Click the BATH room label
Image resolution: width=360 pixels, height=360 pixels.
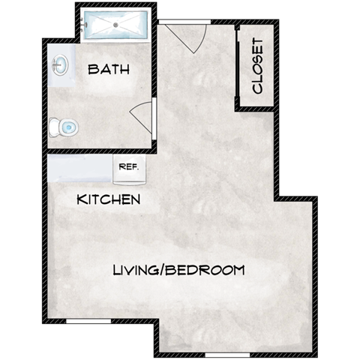(109, 70)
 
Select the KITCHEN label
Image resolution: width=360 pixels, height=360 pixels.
(109, 200)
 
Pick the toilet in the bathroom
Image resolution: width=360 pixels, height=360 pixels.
(64, 127)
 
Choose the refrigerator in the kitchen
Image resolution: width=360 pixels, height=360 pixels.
(129, 169)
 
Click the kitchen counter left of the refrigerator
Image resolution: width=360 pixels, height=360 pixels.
(79, 169)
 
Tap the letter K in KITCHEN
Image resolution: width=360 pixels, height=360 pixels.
(81, 200)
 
